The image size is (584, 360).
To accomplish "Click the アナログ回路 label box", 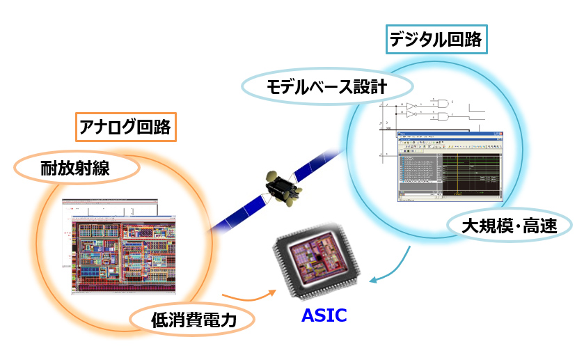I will [125, 128].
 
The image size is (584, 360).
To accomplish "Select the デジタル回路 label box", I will [436, 40].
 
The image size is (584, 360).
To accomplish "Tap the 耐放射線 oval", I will [77, 169].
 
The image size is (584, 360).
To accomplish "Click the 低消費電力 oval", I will [194, 321].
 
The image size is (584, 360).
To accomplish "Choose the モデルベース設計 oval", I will [326, 88].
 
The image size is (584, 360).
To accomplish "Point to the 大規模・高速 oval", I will [508, 226].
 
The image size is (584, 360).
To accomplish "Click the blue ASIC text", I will [324, 315].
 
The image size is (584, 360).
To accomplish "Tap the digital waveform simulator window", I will [449, 166].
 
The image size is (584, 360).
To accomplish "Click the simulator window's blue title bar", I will [449, 134].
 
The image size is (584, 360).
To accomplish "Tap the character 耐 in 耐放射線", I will [49, 169].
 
